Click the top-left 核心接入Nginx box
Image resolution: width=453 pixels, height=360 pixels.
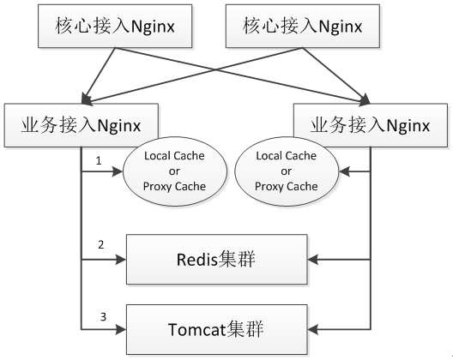(115, 26)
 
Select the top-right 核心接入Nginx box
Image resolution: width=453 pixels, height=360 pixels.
(303, 26)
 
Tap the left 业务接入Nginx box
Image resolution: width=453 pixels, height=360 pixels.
(82, 125)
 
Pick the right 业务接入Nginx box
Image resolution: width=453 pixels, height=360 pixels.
(371, 125)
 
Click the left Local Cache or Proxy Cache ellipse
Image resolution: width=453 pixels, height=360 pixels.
(175, 171)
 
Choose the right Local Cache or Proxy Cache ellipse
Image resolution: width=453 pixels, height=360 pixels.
(287, 171)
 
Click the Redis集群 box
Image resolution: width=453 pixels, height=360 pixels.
(217, 260)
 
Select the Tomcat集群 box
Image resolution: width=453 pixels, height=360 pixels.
(217, 329)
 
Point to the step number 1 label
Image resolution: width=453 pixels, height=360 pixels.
(99, 161)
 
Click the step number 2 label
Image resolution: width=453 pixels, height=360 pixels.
(101, 245)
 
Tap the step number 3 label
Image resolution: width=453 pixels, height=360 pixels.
(103, 317)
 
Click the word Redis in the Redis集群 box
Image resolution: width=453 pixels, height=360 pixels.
(196, 260)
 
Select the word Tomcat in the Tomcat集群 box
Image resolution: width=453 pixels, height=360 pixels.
(196, 329)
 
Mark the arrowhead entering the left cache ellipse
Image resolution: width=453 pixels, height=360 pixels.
(118, 171)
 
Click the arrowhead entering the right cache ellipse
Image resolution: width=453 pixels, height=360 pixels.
(344, 171)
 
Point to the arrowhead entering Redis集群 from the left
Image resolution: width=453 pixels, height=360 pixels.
(121, 260)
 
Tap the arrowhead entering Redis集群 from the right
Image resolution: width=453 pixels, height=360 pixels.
(312, 260)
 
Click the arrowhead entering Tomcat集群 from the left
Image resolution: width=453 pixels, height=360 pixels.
(121, 329)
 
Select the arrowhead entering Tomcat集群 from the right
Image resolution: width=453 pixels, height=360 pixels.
(312, 329)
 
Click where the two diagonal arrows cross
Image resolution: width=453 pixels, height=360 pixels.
(215, 69)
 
